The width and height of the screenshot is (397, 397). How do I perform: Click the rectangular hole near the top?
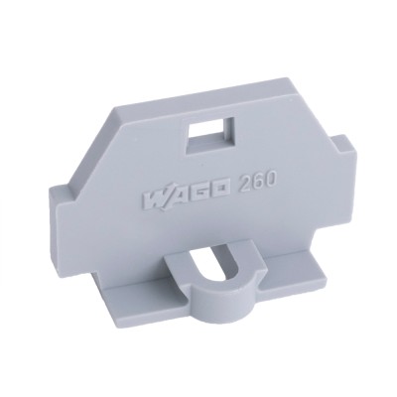[x=210, y=136]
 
